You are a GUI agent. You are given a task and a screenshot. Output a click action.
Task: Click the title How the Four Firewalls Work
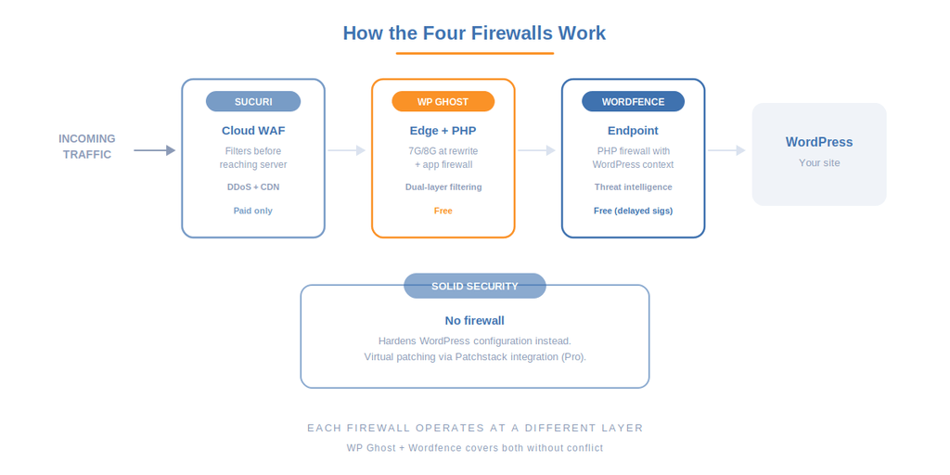(474, 33)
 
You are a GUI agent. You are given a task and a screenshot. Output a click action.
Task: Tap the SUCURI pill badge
(253, 102)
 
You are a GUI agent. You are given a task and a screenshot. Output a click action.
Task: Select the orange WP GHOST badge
(443, 102)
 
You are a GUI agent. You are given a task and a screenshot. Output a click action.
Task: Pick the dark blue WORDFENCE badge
(633, 102)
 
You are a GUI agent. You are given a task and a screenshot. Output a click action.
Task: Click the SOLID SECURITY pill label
(474, 286)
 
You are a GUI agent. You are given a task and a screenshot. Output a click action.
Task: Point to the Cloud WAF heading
(253, 131)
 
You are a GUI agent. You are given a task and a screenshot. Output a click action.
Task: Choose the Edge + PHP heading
(443, 131)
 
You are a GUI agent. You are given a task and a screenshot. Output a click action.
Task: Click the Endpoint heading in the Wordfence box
(633, 131)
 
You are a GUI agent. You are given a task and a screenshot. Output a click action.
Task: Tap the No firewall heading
(474, 321)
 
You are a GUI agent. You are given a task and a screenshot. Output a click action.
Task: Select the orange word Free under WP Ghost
(443, 211)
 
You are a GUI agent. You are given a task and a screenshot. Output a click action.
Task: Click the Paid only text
(253, 211)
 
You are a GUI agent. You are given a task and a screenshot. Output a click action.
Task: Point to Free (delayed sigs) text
(633, 211)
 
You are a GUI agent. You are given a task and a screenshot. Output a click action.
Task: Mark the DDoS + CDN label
(253, 186)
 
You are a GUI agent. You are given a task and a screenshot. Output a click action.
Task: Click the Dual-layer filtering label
(443, 186)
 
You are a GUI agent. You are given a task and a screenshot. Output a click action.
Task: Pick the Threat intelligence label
(633, 186)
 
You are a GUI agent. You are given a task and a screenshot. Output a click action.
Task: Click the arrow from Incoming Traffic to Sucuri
(154, 150)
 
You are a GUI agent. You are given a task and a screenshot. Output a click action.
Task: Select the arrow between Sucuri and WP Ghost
(347, 150)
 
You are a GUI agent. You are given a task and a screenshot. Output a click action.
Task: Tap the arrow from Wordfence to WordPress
(726, 150)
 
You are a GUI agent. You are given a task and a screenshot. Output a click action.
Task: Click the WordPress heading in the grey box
(819, 142)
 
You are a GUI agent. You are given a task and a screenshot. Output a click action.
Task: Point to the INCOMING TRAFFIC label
(87, 147)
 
